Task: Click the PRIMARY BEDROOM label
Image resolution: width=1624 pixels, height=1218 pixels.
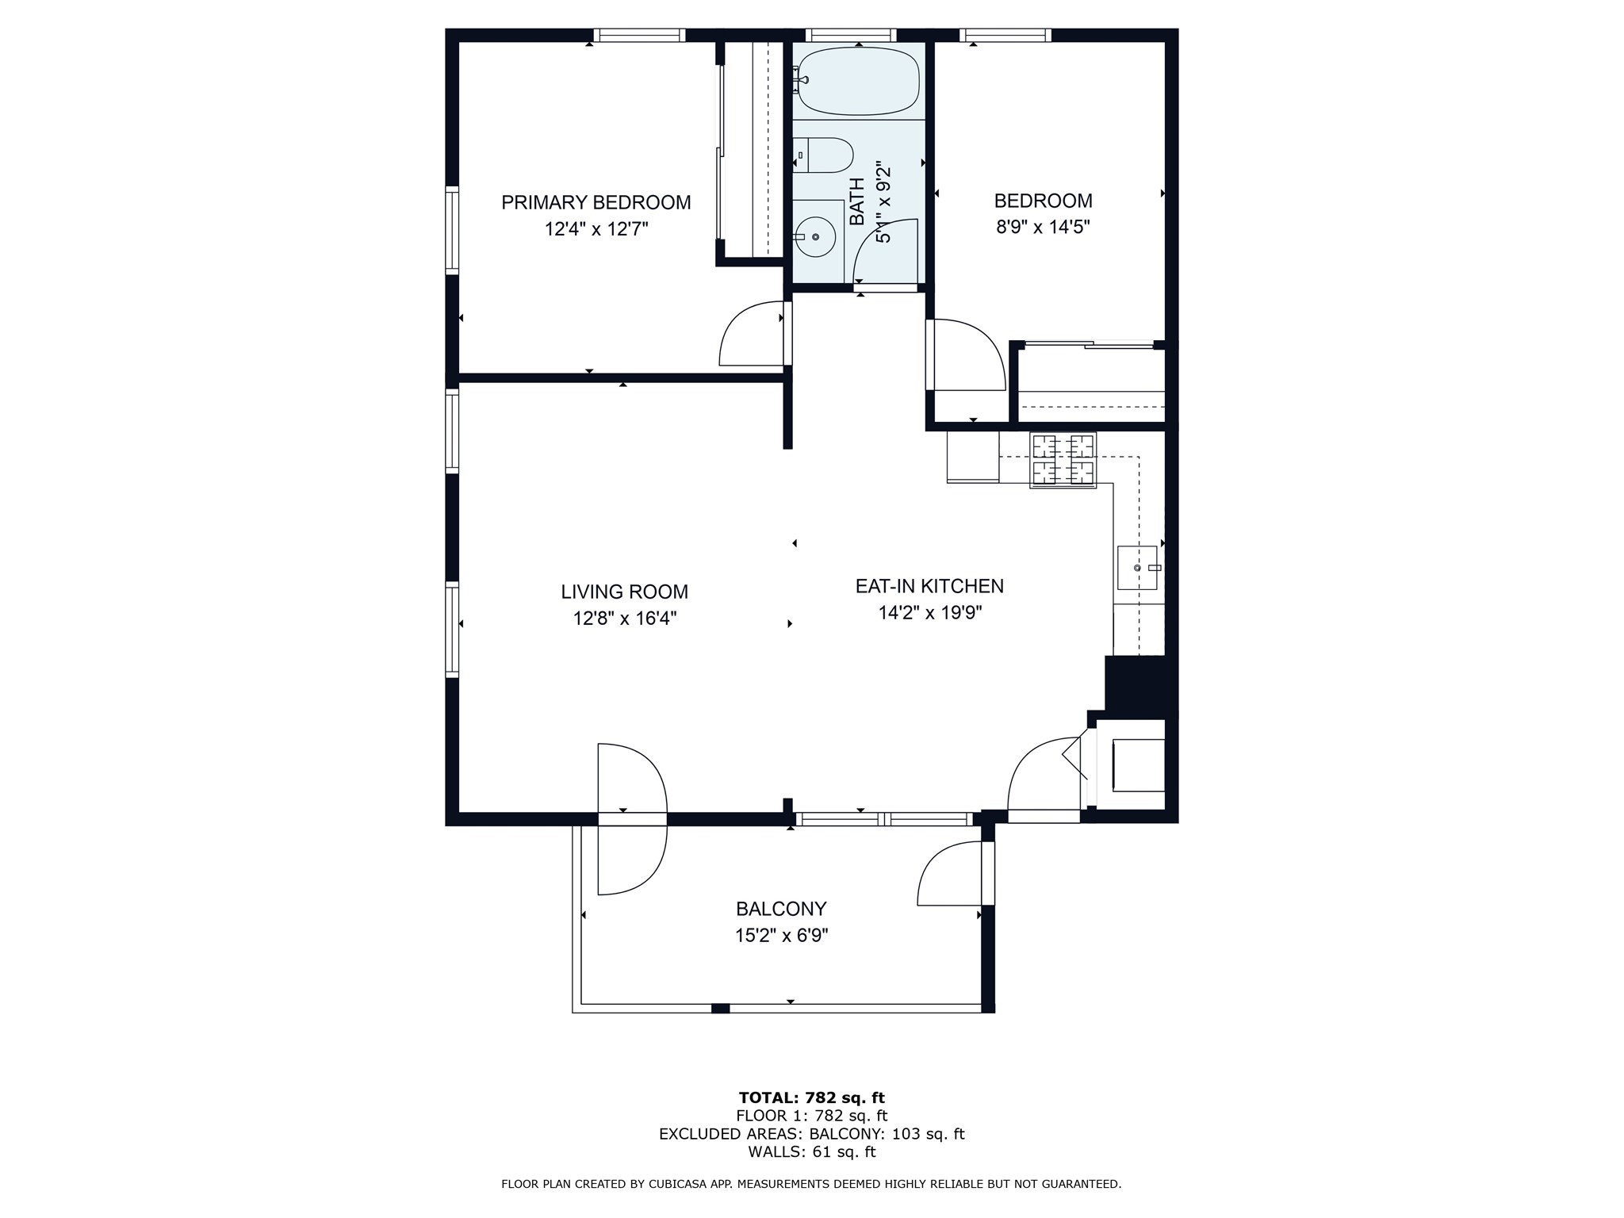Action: pyautogui.click(x=596, y=202)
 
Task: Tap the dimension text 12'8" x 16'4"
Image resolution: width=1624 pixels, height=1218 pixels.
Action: pyautogui.click(x=625, y=619)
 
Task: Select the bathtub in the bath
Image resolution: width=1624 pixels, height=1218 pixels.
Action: pyautogui.click(x=859, y=81)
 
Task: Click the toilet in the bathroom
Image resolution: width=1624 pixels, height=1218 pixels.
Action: pyautogui.click(x=825, y=155)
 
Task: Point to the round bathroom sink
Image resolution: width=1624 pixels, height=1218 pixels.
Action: pyautogui.click(x=815, y=236)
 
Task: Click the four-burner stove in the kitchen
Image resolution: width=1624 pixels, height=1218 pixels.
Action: pyautogui.click(x=1063, y=460)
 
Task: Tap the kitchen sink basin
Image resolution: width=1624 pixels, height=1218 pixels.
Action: pyautogui.click(x=1137, y=568)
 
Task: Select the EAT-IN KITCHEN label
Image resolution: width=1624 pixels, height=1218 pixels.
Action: pyautogui.click(x=929, y=586)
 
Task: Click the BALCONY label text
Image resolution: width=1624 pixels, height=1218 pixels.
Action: pyautogui.click(x=781, y=909)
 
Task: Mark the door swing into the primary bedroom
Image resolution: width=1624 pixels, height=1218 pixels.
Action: pyautogui.click(x=752, y=334)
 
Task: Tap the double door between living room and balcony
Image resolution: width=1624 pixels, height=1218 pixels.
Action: pyautogui.click(x=632, y=818)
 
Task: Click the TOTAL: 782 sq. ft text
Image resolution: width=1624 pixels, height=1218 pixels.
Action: pyautogui.click(x=811, y=1098)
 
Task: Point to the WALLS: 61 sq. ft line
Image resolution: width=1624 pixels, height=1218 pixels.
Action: pyautogui.click(x=811, y=1152)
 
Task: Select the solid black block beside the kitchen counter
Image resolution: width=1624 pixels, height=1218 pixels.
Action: pyautogui.click(x=1135, y=683)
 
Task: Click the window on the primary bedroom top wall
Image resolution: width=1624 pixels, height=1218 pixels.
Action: pyautogui.click(x=639, y=35)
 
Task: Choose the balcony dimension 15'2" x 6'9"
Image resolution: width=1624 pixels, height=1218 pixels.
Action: pyautogui.click(x=781, y=936)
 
